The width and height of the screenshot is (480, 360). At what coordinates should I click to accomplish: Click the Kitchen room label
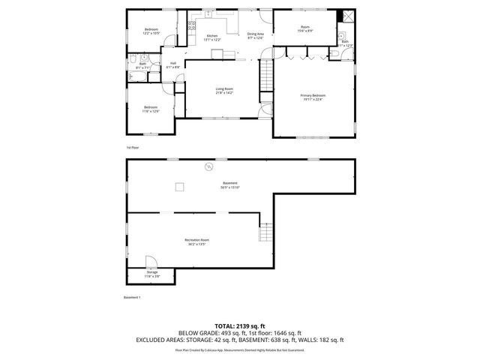[212, 37]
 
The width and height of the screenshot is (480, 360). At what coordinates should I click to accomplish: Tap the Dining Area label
[254, 36]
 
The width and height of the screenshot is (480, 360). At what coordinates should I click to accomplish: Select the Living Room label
[224, 91]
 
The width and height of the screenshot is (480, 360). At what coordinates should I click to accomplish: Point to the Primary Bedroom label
[313, 97]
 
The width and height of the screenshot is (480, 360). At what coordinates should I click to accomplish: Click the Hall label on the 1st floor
[173, 65]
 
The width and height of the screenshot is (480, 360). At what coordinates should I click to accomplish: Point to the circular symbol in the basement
[210, 166]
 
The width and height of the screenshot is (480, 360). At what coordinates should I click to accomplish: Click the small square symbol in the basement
[179, 187]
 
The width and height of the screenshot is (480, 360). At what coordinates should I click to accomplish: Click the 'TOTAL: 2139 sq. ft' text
[239, 326]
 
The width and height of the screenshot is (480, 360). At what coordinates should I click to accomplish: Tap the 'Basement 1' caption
[132, 297]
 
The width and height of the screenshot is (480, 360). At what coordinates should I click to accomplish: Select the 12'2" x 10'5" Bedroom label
[151, 31]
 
